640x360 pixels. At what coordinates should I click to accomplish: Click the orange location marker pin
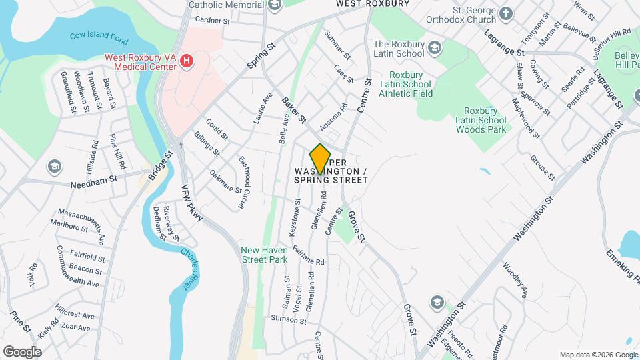coord(321,159)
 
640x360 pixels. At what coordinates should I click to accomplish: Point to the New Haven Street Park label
coord(264,254)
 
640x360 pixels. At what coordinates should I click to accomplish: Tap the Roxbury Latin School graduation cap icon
coord(435,47)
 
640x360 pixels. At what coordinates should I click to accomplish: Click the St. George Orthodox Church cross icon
coord(506,13)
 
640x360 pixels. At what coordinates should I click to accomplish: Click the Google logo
coord(22,351)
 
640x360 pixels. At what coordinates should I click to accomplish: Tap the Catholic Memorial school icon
coord(274,5)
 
